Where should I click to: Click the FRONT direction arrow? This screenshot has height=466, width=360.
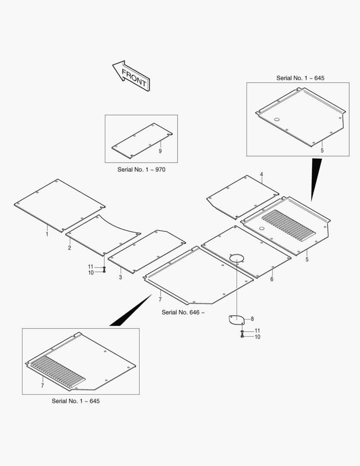click(x=131, y=76)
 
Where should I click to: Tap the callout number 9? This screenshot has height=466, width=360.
click(x=160, y=151)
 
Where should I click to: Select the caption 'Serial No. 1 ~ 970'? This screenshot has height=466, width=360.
click(x=141, y=170)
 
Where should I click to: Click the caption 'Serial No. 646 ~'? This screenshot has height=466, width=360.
click(x=183, y=312)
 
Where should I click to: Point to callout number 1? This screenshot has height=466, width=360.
click(x=47, y=234)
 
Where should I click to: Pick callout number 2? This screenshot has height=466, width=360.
click(x=69, y=248)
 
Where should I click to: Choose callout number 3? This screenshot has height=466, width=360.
click(x=120, y=277)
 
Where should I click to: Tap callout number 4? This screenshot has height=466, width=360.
click(x=261, y=174)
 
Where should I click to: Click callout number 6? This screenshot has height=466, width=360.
click(x=272, y=279)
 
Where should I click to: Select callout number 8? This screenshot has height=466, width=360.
click(x=252, y=319)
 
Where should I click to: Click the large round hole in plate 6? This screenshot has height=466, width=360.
click(x=236, y=258)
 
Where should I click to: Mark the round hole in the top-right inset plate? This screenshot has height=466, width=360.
click(x=277, y=120)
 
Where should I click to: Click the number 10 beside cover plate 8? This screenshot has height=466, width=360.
click(x=257, y=337)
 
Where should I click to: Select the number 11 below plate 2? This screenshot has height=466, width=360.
click(x=91, y=267)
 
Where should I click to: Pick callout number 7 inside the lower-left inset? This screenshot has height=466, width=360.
click(x=43, y=386)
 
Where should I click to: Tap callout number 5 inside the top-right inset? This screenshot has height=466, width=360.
click(x=322, y=151)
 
